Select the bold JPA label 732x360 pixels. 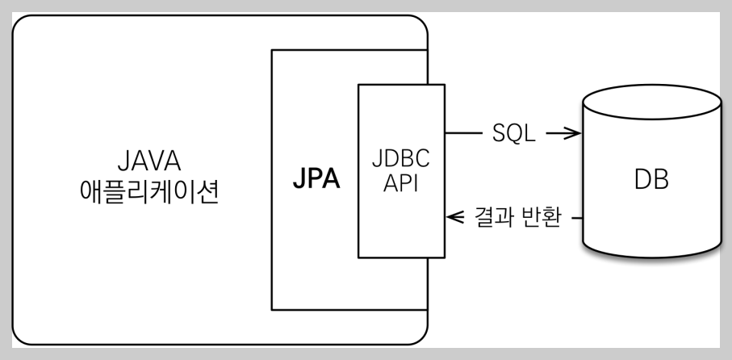pos(316,179)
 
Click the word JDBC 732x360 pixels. pos(401,157)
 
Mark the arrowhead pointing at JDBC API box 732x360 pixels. pos(453,216)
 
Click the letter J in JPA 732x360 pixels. pos(299,179)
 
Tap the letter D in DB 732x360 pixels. pos(641,179)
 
